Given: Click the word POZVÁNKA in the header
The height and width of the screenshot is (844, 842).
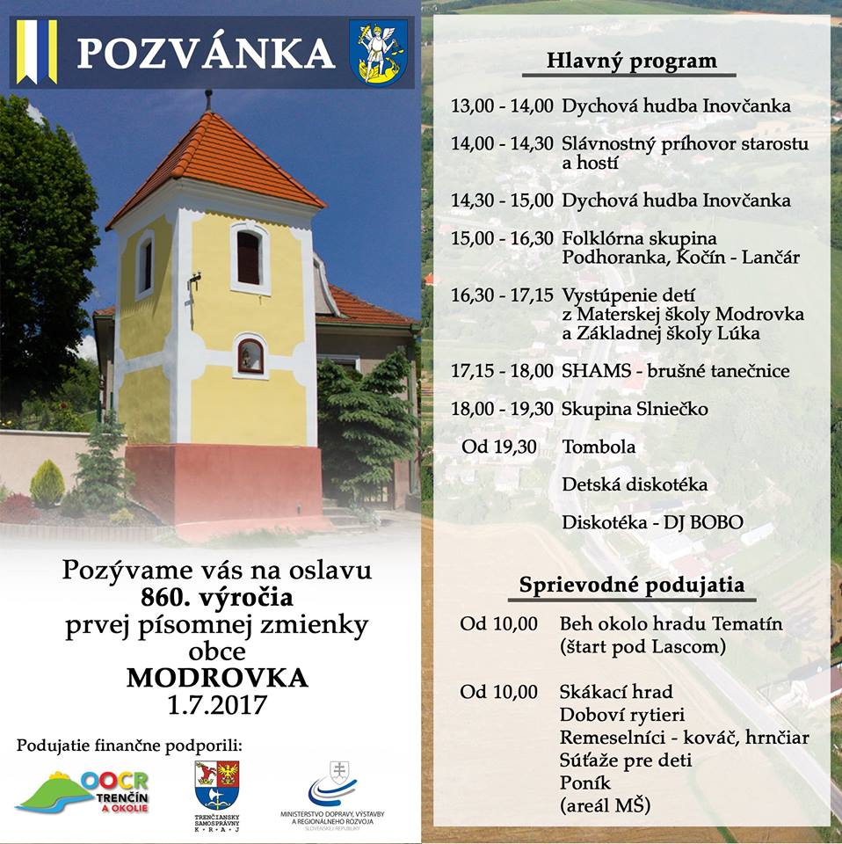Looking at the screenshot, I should click(206, 53).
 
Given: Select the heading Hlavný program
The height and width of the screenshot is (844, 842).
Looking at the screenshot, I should click(631, 62).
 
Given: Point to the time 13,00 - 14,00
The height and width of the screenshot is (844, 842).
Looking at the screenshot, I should click(502, 106).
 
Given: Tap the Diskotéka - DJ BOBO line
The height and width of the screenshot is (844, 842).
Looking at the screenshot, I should click(652, 523).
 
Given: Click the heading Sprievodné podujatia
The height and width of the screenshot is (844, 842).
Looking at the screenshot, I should click(632, 585).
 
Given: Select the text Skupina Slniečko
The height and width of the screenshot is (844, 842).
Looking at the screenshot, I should click(635, 410).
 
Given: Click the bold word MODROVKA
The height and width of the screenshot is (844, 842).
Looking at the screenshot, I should click(217, 679).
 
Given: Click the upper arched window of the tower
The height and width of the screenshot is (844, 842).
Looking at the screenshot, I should click(250, 257).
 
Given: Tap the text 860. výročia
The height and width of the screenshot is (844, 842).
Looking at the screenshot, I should click(217, 599).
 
